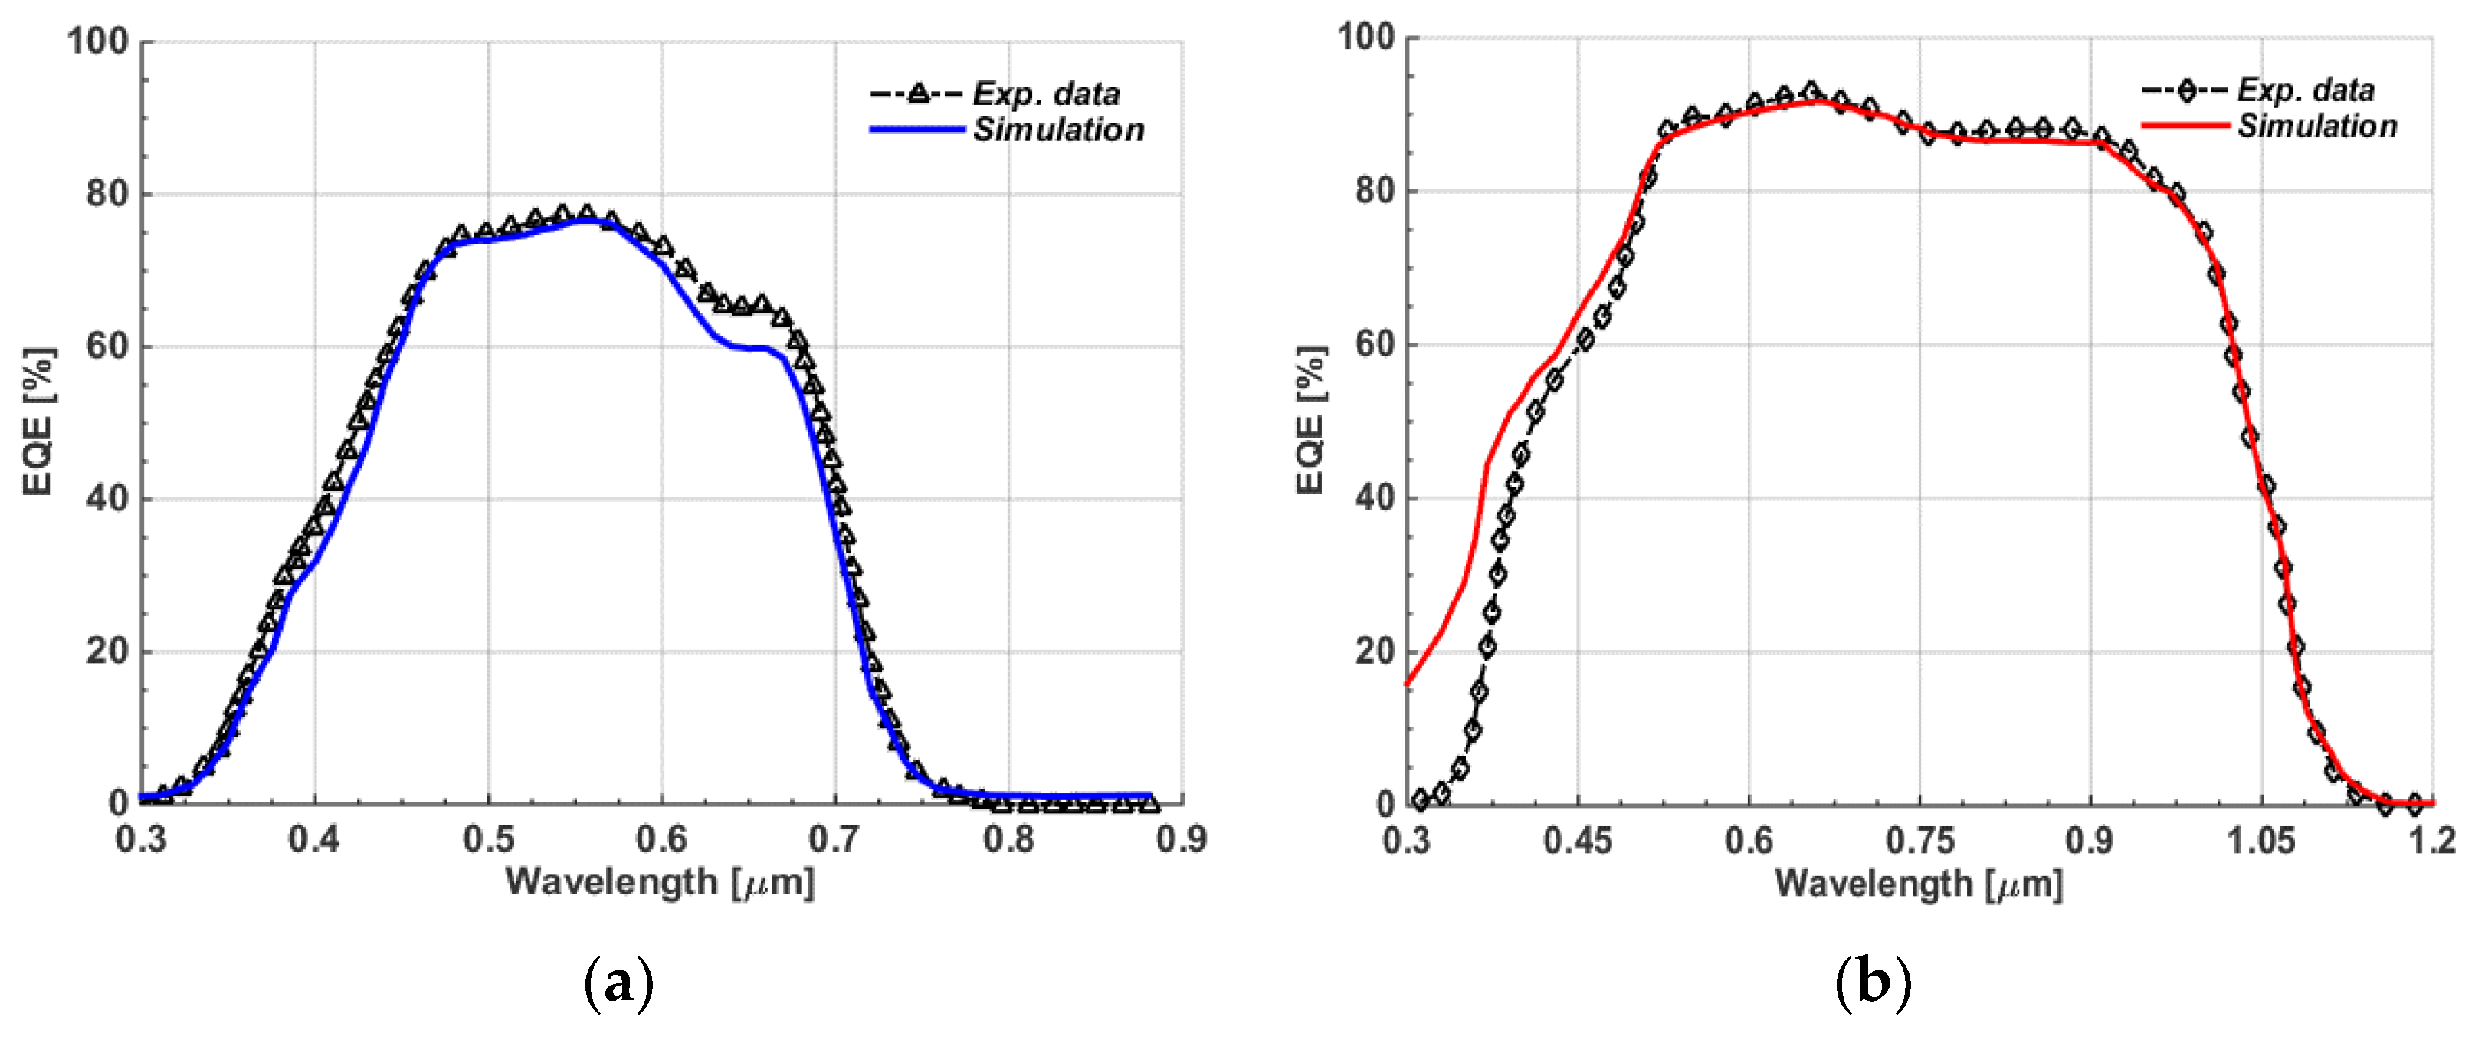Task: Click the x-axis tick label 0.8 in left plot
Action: tap(1008, 839)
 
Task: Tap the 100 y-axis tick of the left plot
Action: tap(97, 41)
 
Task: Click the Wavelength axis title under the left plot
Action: tap(660, 881)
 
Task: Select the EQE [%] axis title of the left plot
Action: tap(38, 422)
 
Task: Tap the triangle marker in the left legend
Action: tap(918, 94)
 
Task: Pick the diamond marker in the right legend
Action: tap(2186, 90)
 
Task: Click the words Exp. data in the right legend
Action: tap(2306, 90)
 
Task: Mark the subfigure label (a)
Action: tap(619, 984)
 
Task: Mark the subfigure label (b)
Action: tap(1873, 984)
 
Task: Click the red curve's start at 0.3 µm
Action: tap(1408, 684)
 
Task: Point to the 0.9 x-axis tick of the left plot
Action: tap(1182, 839)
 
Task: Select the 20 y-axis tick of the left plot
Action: tap(107, 651)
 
